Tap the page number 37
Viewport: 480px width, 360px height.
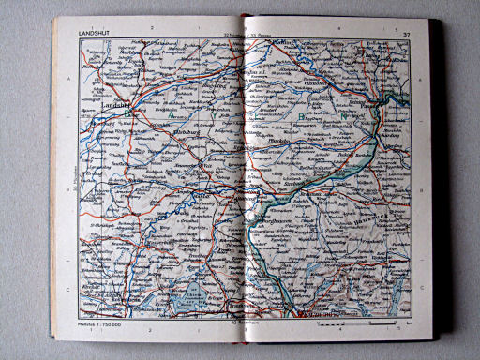pos(406,36)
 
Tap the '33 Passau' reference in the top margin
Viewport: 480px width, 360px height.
pos(266,37)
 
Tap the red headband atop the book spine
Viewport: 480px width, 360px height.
pos(245,17)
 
